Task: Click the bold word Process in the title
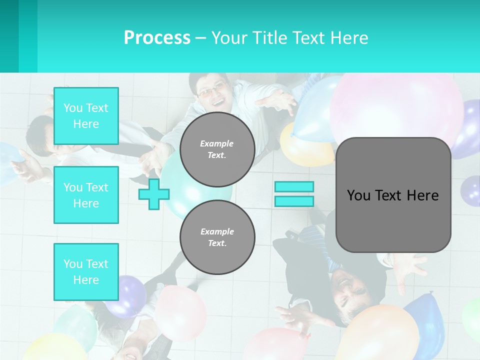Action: [x=157, y=38]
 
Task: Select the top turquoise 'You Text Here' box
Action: [x=86, y=116]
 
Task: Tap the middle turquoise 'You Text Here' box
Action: [x=86, y=195]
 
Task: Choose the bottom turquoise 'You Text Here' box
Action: [x=86, y=272]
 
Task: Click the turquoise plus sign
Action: [x=154, y=194]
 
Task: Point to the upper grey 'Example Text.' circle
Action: [x=217, y=149]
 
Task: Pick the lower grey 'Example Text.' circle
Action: [x=217, y=237]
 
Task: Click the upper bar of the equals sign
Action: [x=294, y=186]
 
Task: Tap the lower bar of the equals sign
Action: [x=294, y=201]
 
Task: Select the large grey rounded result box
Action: [x=393, y=195]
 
